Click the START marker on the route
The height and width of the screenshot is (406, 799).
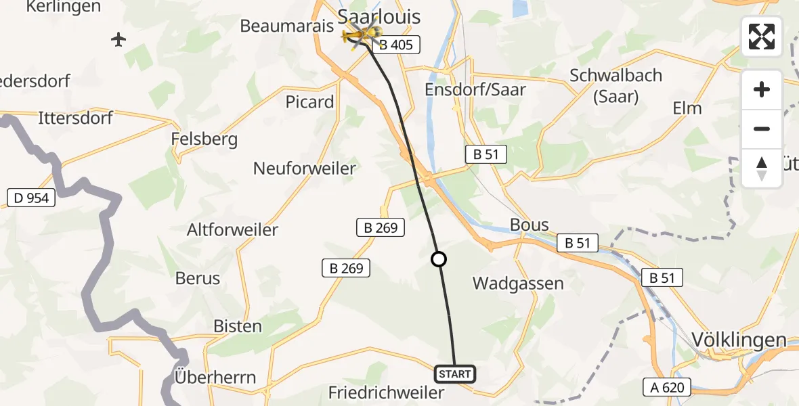pos(454,374)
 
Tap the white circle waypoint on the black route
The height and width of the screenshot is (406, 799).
pos(439,259)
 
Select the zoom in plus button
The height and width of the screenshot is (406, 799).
pos(762,89)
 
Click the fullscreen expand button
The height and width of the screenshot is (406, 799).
pos(762,37)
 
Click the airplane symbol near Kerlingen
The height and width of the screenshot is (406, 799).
pos(119,40)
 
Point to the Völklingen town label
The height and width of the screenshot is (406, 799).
pos(739,340)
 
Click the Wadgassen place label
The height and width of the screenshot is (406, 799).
pos(518,283)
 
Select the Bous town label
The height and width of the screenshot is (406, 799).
pos(530,225)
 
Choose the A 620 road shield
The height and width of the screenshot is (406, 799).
pos(668,387)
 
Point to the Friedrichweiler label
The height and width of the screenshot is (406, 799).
pos(386,392)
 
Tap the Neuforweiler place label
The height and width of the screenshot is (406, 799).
pos(305,168)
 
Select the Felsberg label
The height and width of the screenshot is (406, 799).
pos(204,139)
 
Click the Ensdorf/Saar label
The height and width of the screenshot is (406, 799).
pos(475,89)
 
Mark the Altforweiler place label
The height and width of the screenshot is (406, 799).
pos(232,229)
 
